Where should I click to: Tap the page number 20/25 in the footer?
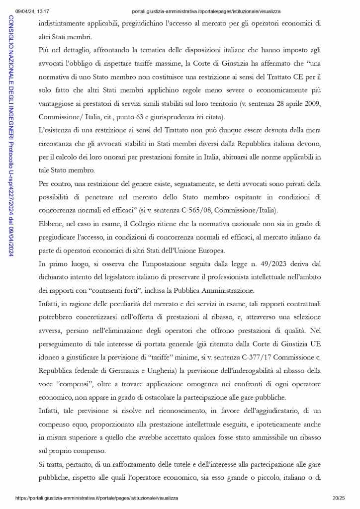pyautogui.click(x=338, y=498)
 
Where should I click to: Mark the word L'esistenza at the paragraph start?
pyautogui.click(x=56, y=130)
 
